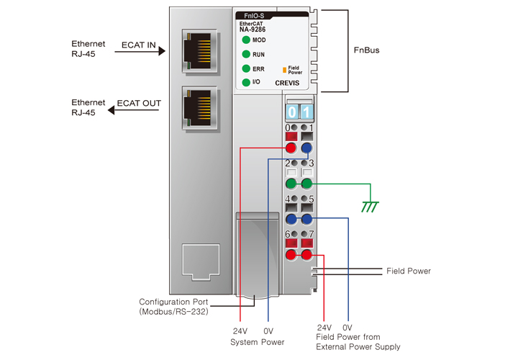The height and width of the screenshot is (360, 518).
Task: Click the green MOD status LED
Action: [246, 40]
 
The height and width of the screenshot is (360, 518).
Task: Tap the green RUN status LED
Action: [246, 54]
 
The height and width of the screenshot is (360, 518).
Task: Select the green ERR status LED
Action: [246, 69]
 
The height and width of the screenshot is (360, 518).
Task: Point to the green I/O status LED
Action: [246, 83]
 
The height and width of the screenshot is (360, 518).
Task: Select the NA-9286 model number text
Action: [252, 30]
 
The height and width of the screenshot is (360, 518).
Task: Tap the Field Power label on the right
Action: [408, 271]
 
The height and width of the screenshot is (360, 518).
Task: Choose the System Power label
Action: [258, 342]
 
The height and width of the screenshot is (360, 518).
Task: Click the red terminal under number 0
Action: [291, 148]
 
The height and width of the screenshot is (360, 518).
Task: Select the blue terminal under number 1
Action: [307, 148]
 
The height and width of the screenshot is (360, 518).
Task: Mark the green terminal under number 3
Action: [307, 184]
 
